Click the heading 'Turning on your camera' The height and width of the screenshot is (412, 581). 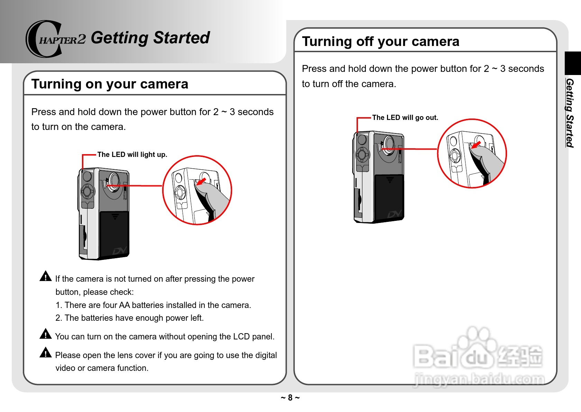pos(110,84)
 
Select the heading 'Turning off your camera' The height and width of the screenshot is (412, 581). pos(380,41)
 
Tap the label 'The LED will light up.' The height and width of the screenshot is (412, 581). pos(132,154)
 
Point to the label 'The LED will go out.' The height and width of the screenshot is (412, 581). pos(405,118)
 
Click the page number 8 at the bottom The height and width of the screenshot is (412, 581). pos(290,397)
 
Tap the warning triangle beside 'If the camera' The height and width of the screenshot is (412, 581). pos(46,276)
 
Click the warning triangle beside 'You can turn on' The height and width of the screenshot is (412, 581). pos(46,334)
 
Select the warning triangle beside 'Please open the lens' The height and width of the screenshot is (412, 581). pos(46,352)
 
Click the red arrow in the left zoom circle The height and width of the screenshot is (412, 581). pos(201,181)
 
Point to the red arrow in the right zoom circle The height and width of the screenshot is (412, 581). pos(476,145)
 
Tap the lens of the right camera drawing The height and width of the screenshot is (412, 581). pos(389,145)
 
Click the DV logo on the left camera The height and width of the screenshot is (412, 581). pos(120,251)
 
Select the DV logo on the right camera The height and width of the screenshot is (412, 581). pos(395,214)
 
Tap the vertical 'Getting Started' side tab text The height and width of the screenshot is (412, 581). pos(570,113)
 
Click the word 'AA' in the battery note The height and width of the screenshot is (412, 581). pos(124,305)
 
